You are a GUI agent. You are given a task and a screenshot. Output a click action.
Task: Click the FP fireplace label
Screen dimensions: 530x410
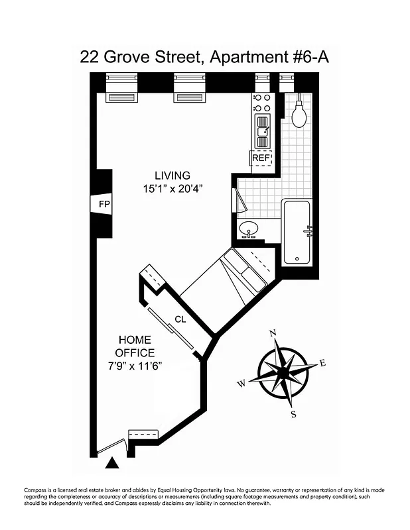pos(103,204)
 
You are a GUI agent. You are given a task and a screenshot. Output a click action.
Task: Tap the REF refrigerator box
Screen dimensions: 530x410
pos(261,158)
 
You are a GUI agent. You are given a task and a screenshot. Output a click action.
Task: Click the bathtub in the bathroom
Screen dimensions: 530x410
pos(297,231)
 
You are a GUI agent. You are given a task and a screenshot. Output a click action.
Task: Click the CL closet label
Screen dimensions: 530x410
pos(180,319)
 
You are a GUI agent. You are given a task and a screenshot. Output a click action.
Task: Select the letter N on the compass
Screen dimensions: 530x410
pos(271,333)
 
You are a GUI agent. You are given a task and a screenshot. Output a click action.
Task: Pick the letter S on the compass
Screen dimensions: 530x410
pos(293,415)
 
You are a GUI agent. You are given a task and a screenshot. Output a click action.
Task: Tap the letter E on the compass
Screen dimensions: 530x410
pos(323,362)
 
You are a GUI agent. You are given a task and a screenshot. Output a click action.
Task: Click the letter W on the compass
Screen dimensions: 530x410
pos(241,383)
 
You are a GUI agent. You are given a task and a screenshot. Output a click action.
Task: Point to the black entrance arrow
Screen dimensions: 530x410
pos(113,462)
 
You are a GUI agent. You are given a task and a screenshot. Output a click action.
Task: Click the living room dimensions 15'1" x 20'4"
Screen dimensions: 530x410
pos(172,188)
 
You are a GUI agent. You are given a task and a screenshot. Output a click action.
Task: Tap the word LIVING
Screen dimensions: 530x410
pos(172,176)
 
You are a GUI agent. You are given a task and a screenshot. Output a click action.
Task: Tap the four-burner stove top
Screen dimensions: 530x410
pos(262,103)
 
